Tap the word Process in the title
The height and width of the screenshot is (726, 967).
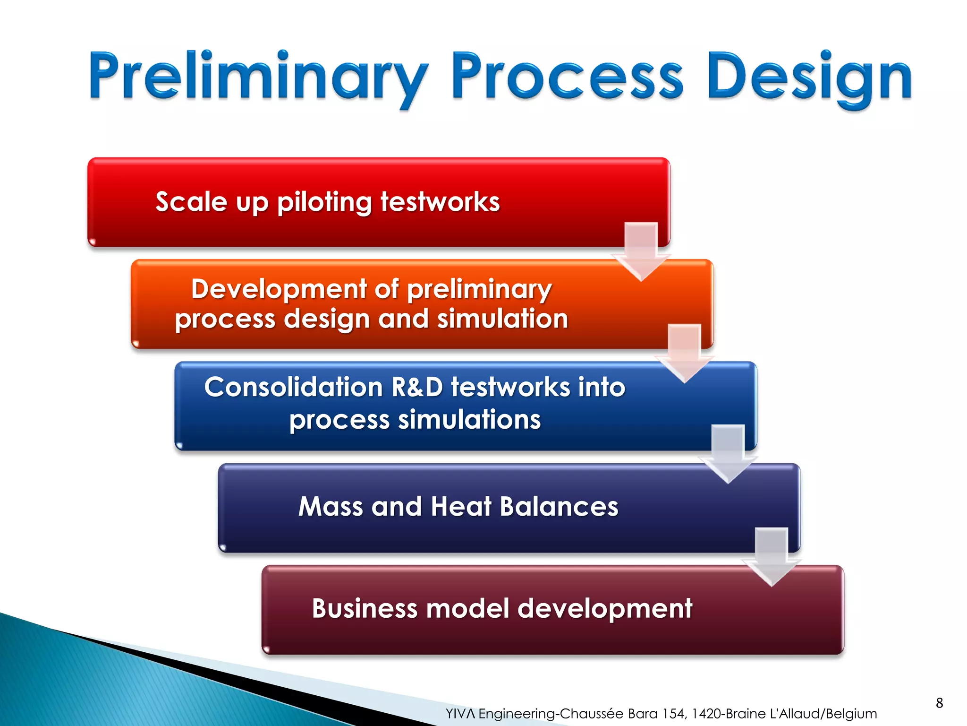tap(567, 77)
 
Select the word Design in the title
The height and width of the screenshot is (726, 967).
tap(809, 77)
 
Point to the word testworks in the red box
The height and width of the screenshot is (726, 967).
tap(440, 202)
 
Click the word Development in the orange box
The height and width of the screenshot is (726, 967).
tap(279, 289)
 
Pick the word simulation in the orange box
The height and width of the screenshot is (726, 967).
tap(502, 319)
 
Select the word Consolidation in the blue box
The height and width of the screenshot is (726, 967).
tap(293, 388)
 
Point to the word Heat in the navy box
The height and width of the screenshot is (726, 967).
tap(461, 507)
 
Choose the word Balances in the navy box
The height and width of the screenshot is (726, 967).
tap(559, 507)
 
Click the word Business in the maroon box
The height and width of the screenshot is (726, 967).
tap(365, 608)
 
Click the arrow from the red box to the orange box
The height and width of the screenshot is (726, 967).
tap(641, 251)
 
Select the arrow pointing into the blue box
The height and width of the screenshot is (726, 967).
tap(684, 353)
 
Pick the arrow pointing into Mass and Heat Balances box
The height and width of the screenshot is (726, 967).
tap(728, 453)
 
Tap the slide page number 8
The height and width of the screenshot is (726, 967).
tap(939, 703)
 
